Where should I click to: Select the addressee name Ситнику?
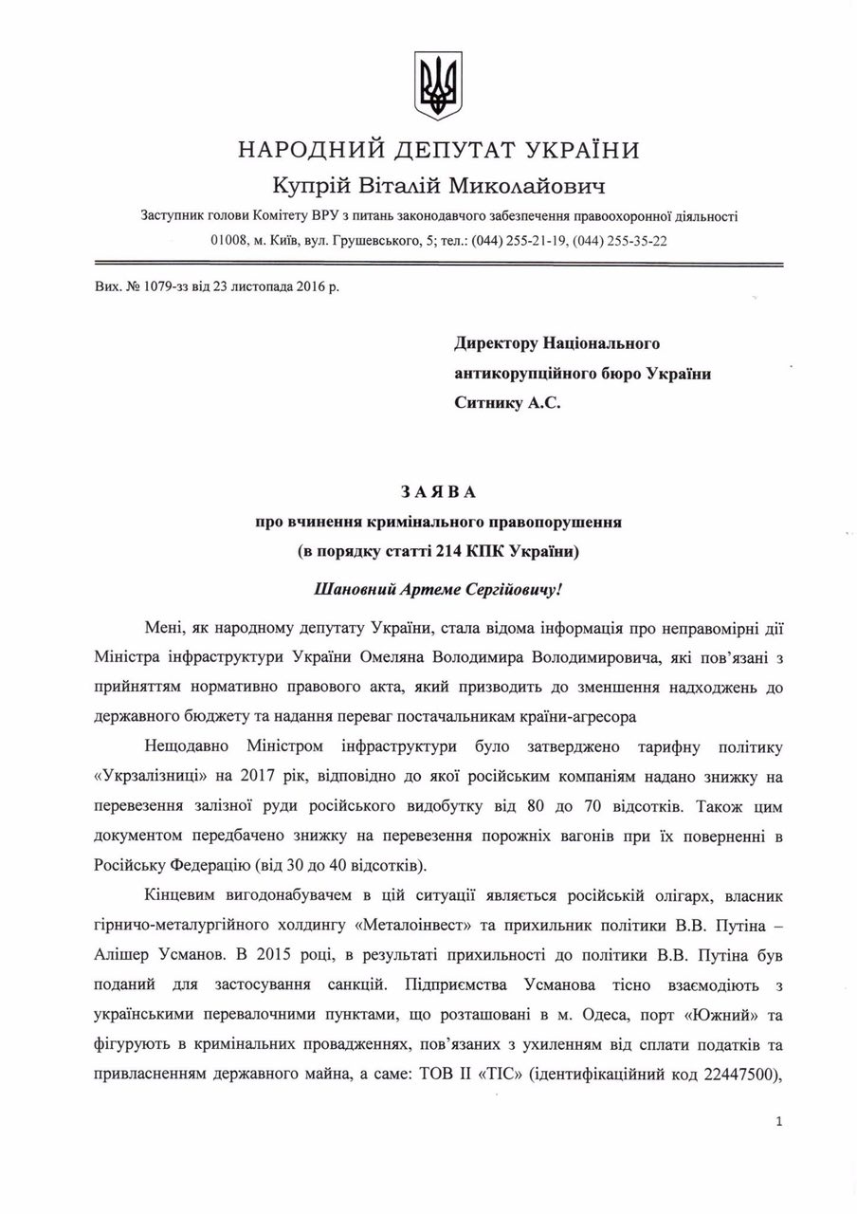(493, 402)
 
